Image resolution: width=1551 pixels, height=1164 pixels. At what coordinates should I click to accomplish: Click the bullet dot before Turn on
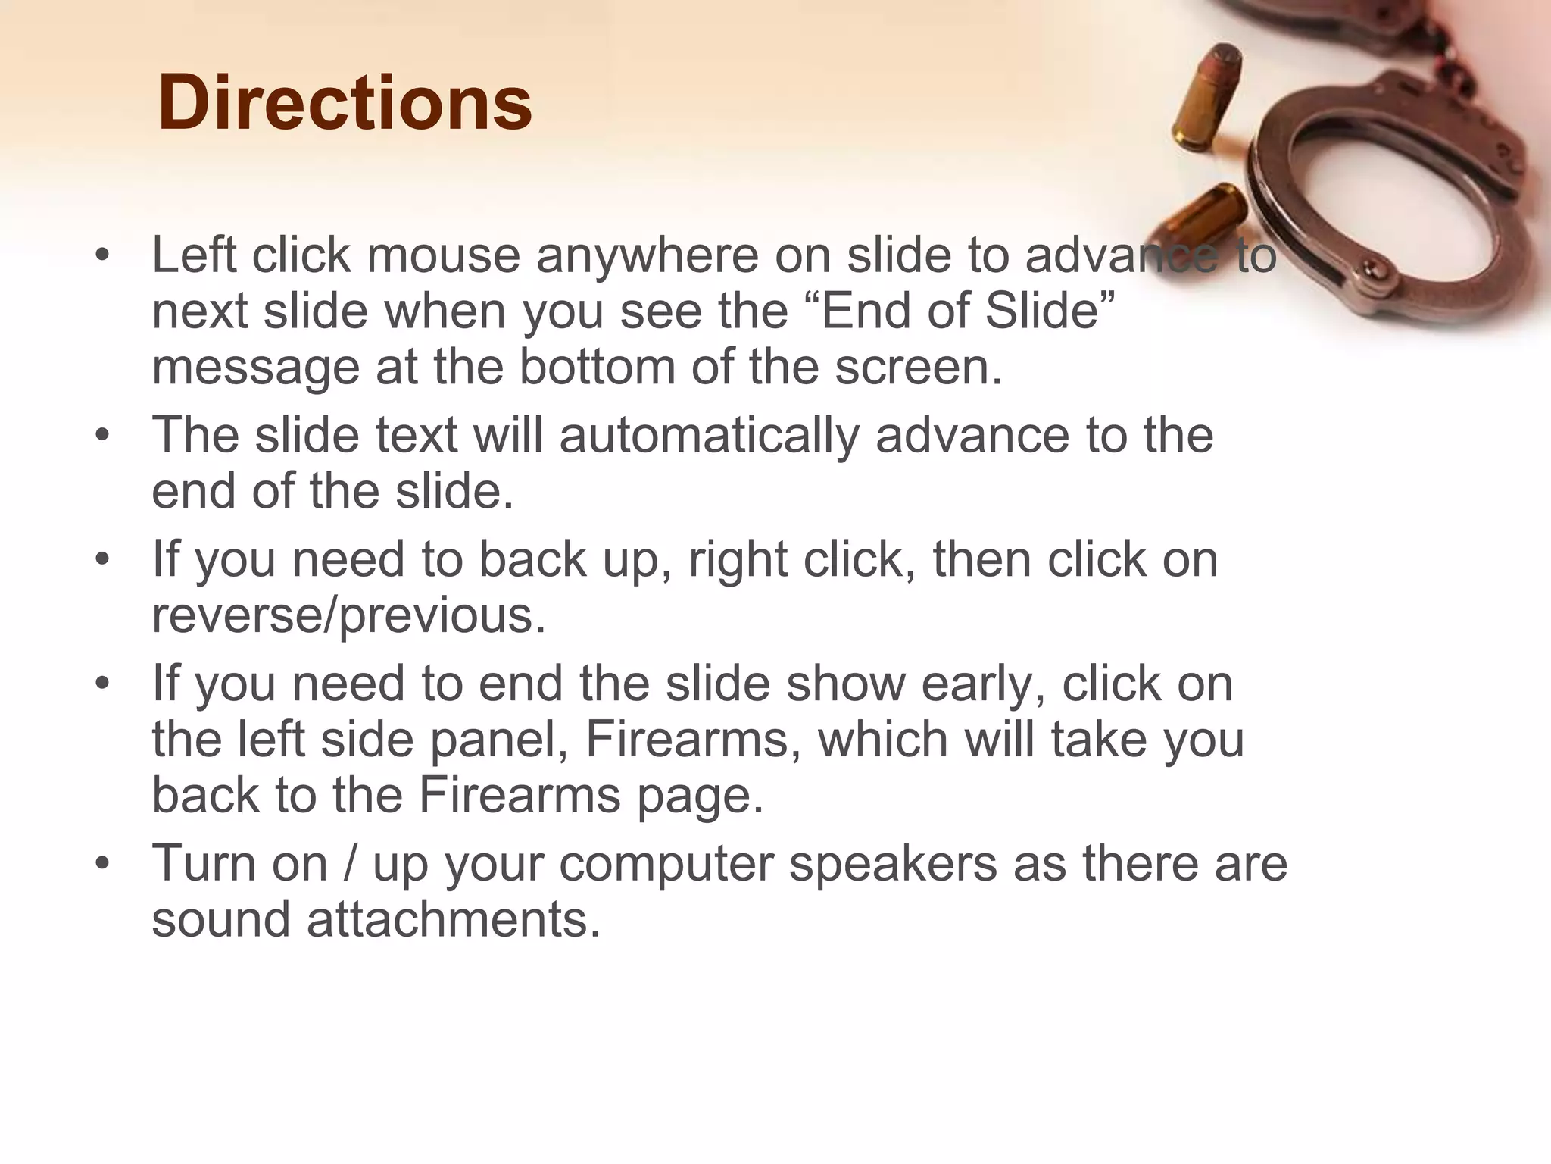point(103,863)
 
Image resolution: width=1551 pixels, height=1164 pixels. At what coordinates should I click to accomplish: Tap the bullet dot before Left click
point(103,255)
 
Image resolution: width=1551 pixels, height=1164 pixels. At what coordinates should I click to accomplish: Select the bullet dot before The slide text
point(103,435)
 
